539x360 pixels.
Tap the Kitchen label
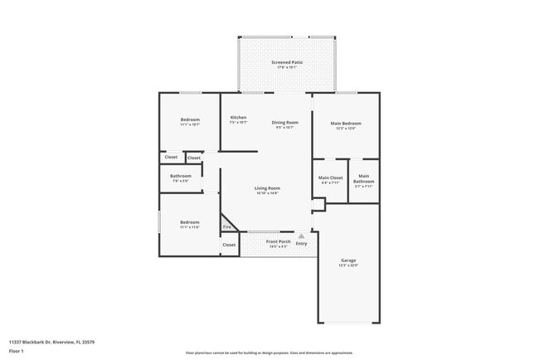[238, 118]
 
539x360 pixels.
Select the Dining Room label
[284, 123]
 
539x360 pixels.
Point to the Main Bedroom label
[346, 123]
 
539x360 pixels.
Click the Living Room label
[267, 188]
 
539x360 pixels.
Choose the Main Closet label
[330, 178]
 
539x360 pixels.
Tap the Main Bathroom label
[364, 178]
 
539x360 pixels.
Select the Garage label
[348, 260]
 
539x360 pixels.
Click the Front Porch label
[277, 241]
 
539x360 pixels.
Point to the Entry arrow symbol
[301, 236]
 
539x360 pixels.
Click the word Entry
[301, 244]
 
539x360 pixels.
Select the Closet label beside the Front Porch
[229, 245]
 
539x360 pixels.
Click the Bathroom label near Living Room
[181, 176]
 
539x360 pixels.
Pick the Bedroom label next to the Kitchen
[190, 120]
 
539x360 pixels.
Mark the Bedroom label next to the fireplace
[190, 221]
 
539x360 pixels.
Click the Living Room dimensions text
[267, 193]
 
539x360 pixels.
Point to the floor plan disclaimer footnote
[269, 353]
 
